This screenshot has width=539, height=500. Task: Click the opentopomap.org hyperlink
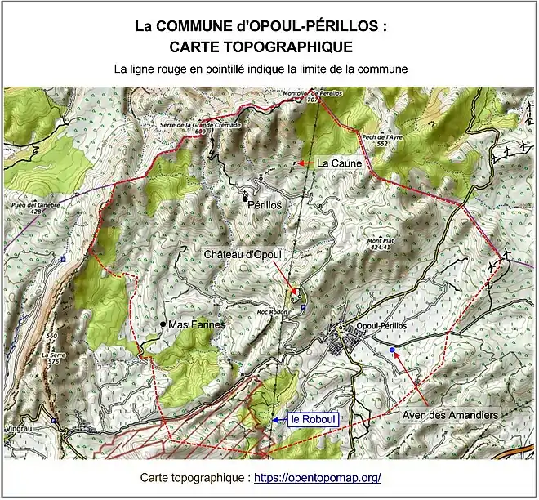coord(318,477)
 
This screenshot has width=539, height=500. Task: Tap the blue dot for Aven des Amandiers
coord(393,350)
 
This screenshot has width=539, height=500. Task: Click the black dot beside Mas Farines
coord(163,325)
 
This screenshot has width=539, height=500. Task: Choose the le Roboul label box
coord(314,420)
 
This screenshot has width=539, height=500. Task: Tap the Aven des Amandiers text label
coord(450,415)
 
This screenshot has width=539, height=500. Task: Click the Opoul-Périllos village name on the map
coord(381,327)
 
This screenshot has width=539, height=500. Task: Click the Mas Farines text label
coord(197,325)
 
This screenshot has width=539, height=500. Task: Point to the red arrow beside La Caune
coord(305,163)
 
